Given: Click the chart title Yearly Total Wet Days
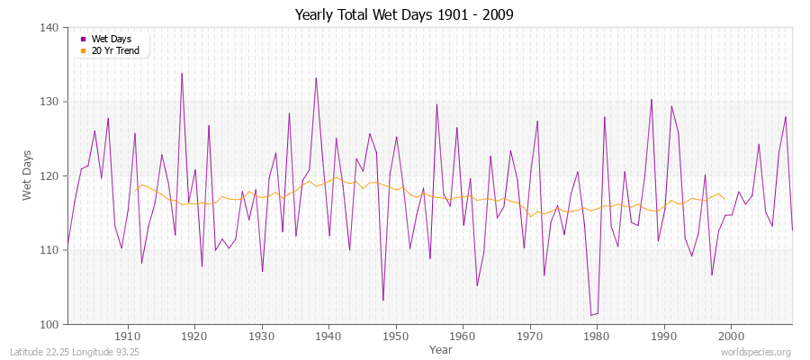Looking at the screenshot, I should (x=404, y=15).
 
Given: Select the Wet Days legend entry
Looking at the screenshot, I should (x=111, y=39).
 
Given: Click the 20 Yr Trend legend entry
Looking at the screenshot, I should (x=115, y=50).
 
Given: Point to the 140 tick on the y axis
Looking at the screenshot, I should (x=49, y=28).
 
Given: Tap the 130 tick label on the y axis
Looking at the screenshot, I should (x=49, y=102).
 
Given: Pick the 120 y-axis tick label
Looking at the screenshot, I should (x=49, y=176).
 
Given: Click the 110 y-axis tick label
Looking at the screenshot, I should (x=49, y=250).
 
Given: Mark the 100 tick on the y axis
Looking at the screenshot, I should (x=49, y=324).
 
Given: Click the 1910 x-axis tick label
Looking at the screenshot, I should (x=128, y=336).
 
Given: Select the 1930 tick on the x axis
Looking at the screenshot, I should (x=262, y=336).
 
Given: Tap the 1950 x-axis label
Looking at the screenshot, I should (x=396, y=336).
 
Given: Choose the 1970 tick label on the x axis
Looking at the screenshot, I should (x=530, y=336).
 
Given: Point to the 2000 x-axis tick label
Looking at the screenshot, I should (x=731, y=336).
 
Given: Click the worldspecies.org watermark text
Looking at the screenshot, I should (x=758, y=352).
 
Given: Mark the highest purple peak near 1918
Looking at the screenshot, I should (x=182, y=74).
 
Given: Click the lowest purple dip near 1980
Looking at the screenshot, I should (x=591, y=315).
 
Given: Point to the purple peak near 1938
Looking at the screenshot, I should (x=316, y=78).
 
